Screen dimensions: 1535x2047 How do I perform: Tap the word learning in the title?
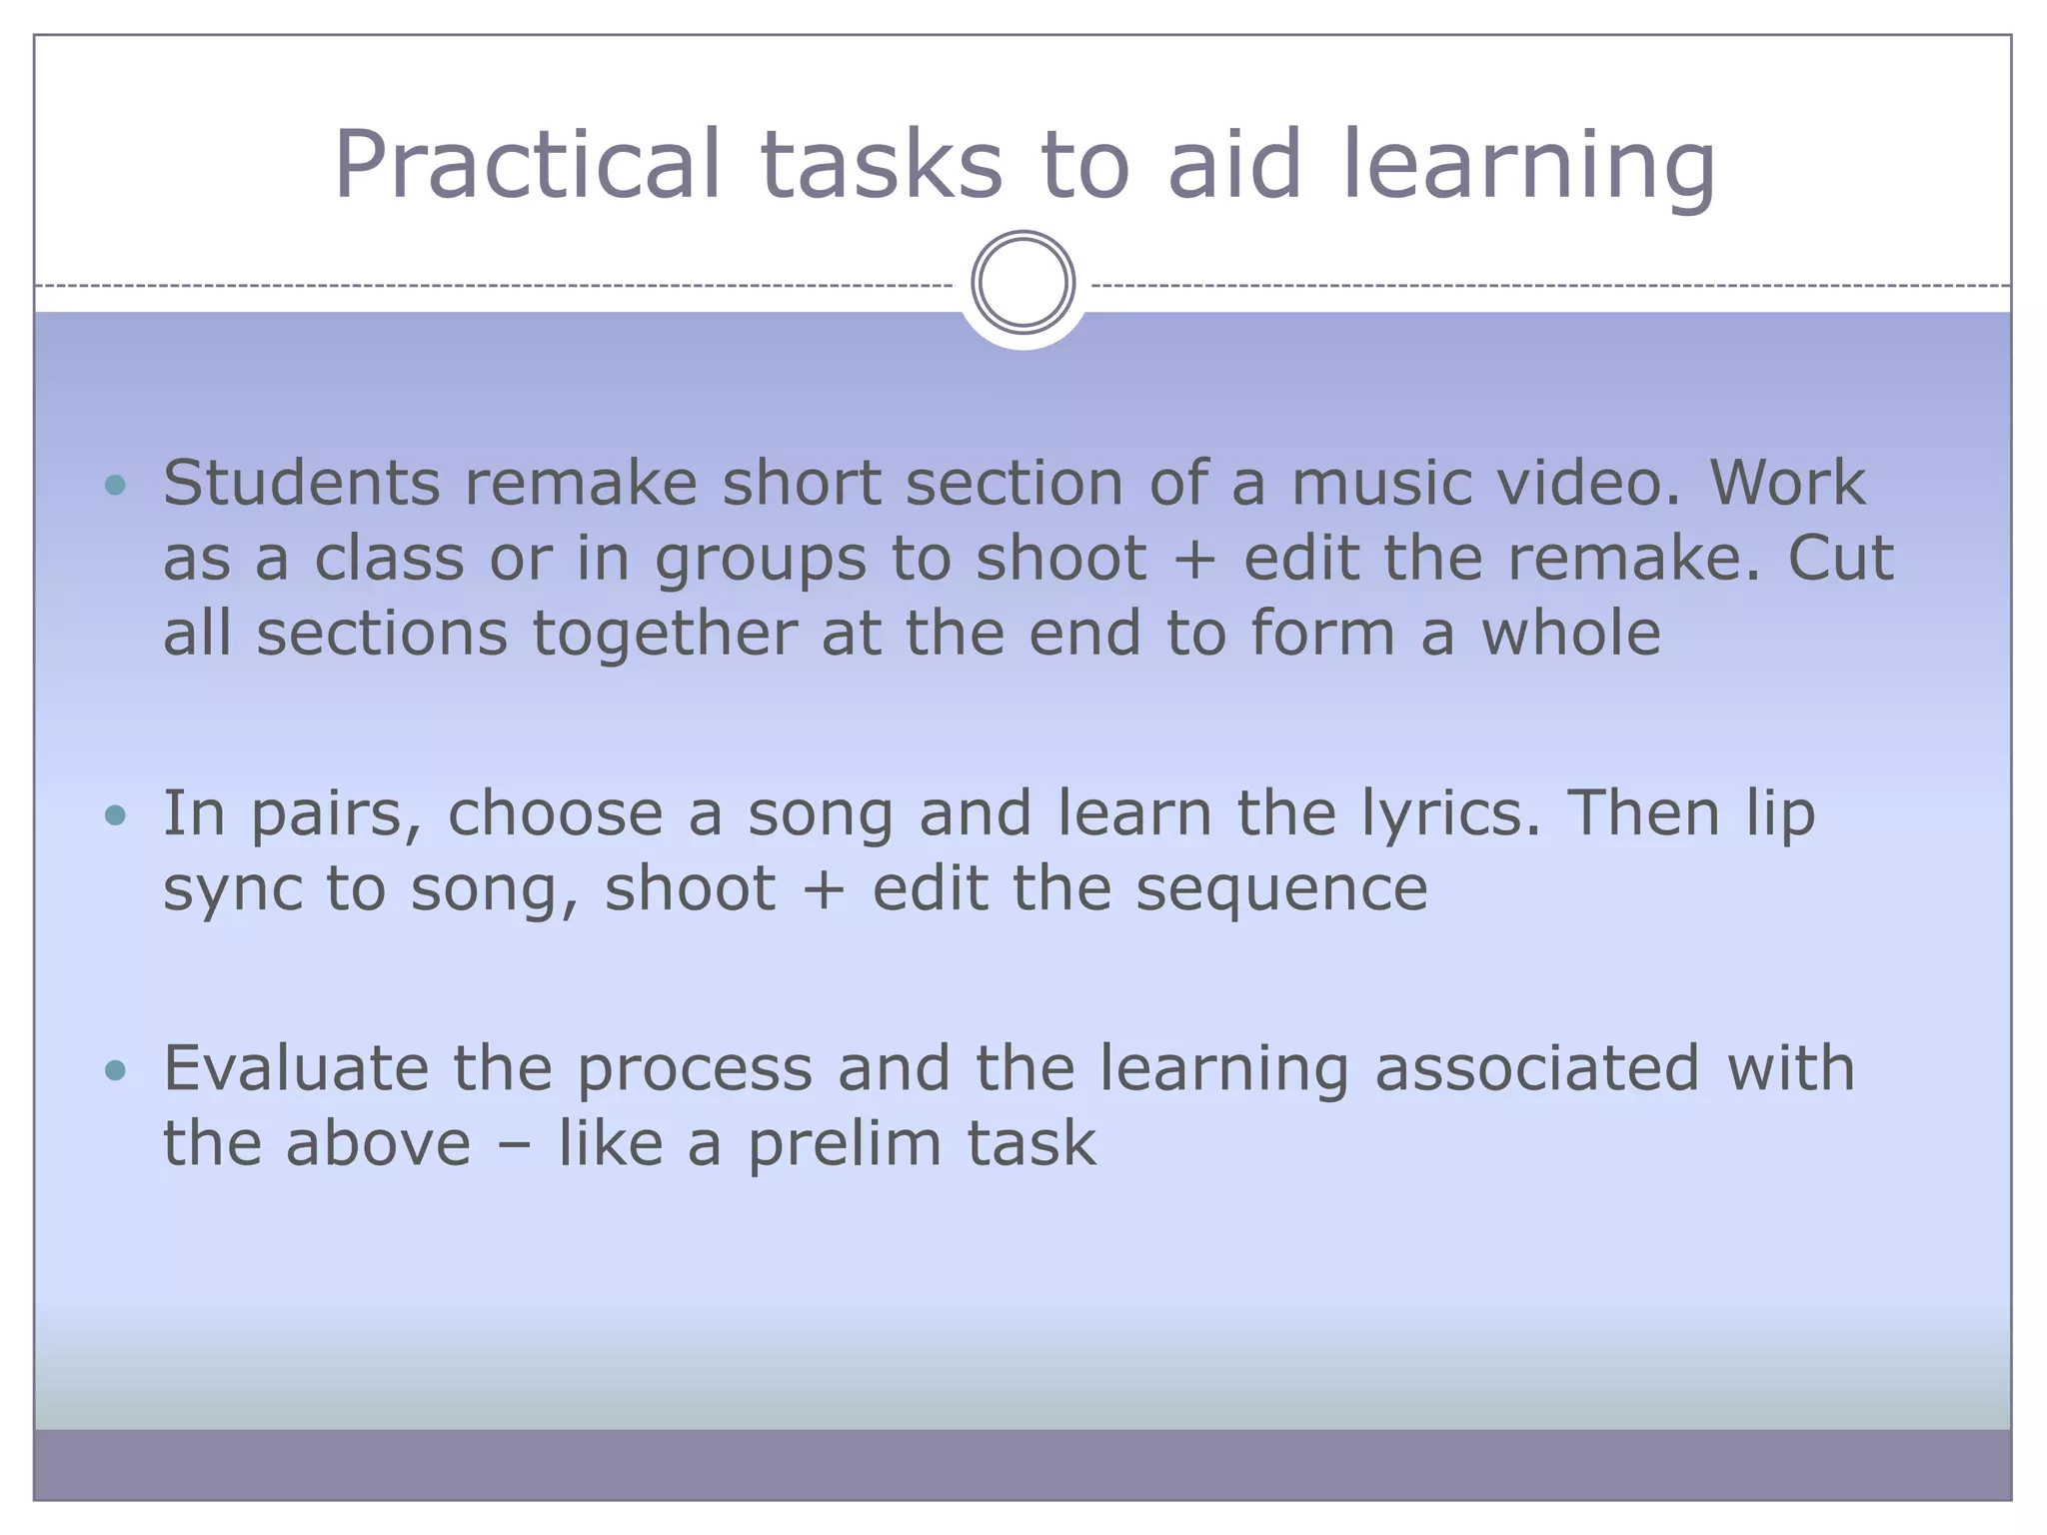pyautogui.click(x=1528, y=165)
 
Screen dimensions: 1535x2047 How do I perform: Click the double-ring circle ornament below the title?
pyautogui.click(x=1023, y=283)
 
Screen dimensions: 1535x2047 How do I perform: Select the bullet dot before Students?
pyautogui.click(x=116, y=486)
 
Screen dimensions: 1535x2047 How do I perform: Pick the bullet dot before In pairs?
pyautogui.click(x=116, y=814)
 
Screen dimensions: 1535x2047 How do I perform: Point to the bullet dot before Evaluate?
pyautogui.click(x=116, y=1070)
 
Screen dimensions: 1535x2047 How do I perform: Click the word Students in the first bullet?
pyautogui.click(x=301, y=484)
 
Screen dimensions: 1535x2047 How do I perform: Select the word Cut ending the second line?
pyautogui.click(x=1840, y=559)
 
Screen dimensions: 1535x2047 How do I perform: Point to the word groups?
pyautogui.click(x=761, y=561)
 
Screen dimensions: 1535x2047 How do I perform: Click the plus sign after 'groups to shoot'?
pyautogui.click(x=1194, y=561)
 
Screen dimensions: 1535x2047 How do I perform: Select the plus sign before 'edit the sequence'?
pyautogui.click(x=824, y=890)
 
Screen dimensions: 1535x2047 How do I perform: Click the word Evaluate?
pyautogui.click(x=296, y=1068)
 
